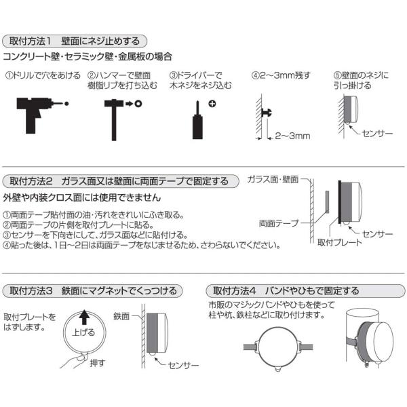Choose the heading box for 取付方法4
pos(285,291)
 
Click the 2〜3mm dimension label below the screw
pos(292,136)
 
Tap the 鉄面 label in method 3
pos(123,316)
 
